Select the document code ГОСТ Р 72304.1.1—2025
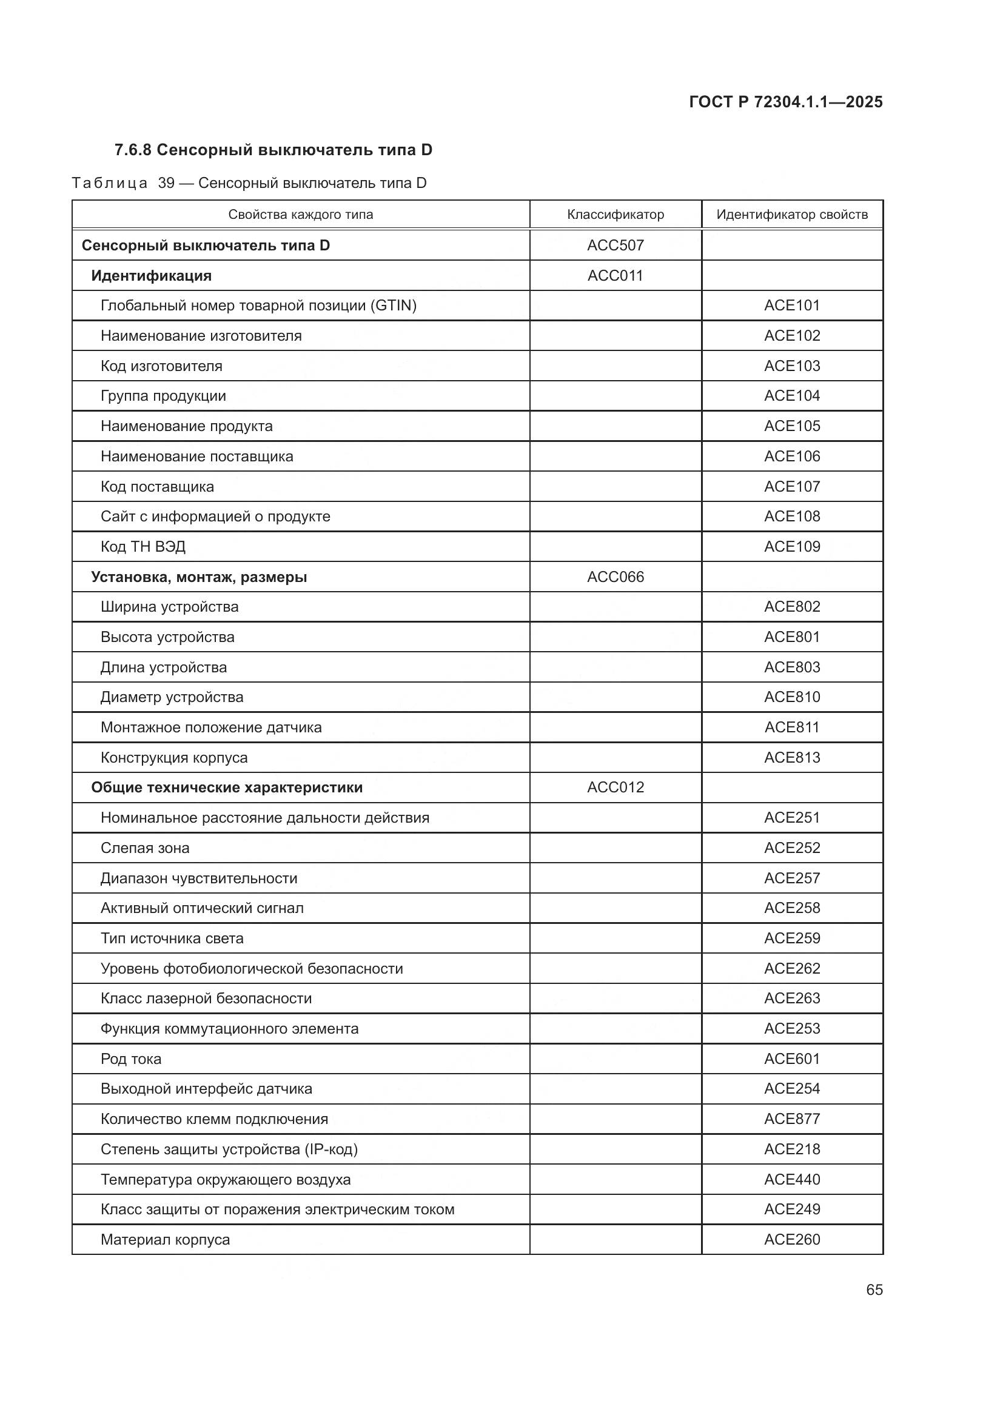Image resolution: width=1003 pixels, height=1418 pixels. pyautogui.click(x=785, y=102)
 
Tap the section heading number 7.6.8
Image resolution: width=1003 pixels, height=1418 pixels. pyautogui.click(x=133, y=150)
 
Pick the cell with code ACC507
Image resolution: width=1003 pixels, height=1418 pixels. pyautogui.click(x=615, y=245)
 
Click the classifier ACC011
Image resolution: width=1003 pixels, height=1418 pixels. pyautogui.click(x=615, y=275)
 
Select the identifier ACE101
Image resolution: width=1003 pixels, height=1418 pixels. pyautogui.click(x=792, y=305)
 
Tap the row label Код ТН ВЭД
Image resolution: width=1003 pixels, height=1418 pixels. pyautogui.click(x=143, y=547)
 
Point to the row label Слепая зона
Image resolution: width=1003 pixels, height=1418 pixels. pyautogui.click(x=144, y=848)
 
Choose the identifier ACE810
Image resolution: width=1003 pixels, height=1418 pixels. pyautogui.click(x=792, y=697)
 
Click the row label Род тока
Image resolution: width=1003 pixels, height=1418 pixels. pyautogui.click(x=131, y=1059)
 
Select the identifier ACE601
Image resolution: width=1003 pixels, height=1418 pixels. pyautogui.click(x=792, y=1059)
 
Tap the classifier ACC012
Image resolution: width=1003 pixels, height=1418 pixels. pyautogui.click(x=615, y=788)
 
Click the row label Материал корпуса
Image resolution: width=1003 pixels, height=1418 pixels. pyautogui.click(x=165, y=1240)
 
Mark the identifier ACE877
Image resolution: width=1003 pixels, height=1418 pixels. pyautogui.click(x=792, y=1119)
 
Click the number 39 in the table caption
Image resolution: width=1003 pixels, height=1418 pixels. pyautogui.click(x=166, y=184)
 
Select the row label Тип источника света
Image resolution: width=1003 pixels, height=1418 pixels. pyautogui.click(x=172, y=938)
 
